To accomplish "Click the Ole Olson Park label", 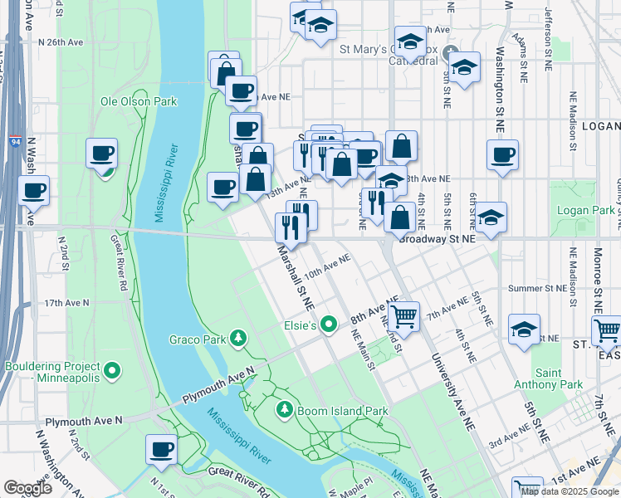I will (139, 101).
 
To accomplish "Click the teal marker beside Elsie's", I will (330, 325).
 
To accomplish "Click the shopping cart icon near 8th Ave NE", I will (403, 315).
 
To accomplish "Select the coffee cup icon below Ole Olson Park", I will (102, 153).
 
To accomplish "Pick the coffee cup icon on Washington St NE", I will (501, 154).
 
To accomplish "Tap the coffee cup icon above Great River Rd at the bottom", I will (161, 449).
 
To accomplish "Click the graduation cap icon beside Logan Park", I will (491, 217).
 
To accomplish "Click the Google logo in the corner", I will (27, 488).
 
